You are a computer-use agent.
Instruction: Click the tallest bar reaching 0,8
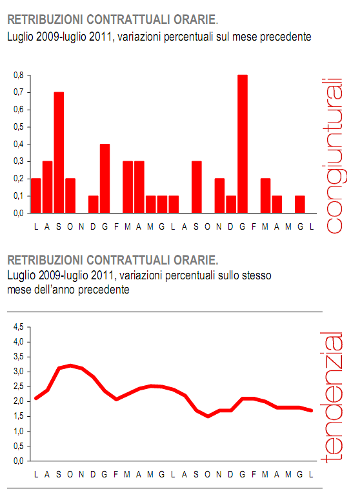[x=243, y=143]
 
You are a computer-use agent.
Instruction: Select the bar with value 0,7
[x=59, y=152]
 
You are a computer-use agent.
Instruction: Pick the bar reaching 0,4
[x=105, y=178]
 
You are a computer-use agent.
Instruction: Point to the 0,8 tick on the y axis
[x=19, y=75]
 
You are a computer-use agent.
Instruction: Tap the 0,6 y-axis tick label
[x=19, y=110]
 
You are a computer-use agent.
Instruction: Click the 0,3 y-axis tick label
[x=19, y=161]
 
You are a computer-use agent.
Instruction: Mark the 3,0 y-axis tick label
[x=19, y=372]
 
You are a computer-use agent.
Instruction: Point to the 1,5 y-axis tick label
[x=19, y=416]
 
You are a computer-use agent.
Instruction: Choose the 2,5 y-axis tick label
[x=19, y=386]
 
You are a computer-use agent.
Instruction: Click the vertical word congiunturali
[x=332, y=155]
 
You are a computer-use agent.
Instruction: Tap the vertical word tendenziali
[x=332, y=397]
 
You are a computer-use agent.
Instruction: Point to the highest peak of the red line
[x=70, y=365]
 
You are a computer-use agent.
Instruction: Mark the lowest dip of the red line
[x=208, y=416]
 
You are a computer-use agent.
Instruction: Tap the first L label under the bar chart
[x=36, y=225]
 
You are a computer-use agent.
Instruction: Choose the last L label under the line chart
[x=312, y=475]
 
